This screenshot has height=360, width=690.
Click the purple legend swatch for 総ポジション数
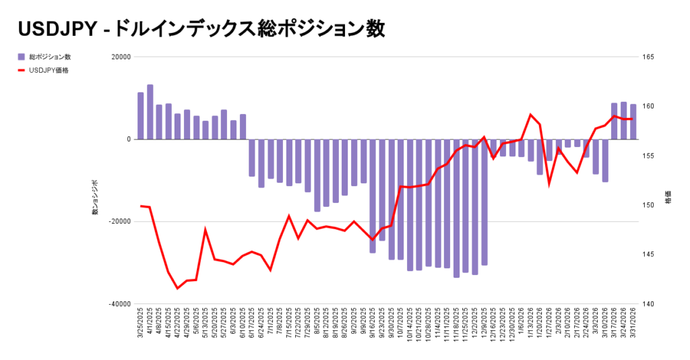pos(22,57)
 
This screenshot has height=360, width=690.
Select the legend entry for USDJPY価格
pos(49,70)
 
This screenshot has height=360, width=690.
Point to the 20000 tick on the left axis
pos(121,57)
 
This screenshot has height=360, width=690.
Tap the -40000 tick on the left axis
pos(120,304)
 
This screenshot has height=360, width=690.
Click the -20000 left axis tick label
pos(120,222)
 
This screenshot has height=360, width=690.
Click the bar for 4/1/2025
pos(150,112)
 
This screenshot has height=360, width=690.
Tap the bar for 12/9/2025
pos(484,202)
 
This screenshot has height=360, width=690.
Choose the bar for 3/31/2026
pos(633,122)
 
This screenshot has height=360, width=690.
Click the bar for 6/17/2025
pos(252,158)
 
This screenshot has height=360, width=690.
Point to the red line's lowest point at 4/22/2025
pos(178,289)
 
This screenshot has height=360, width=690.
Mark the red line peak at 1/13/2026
pos(531,115)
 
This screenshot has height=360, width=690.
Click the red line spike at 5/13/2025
pos(206,230)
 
